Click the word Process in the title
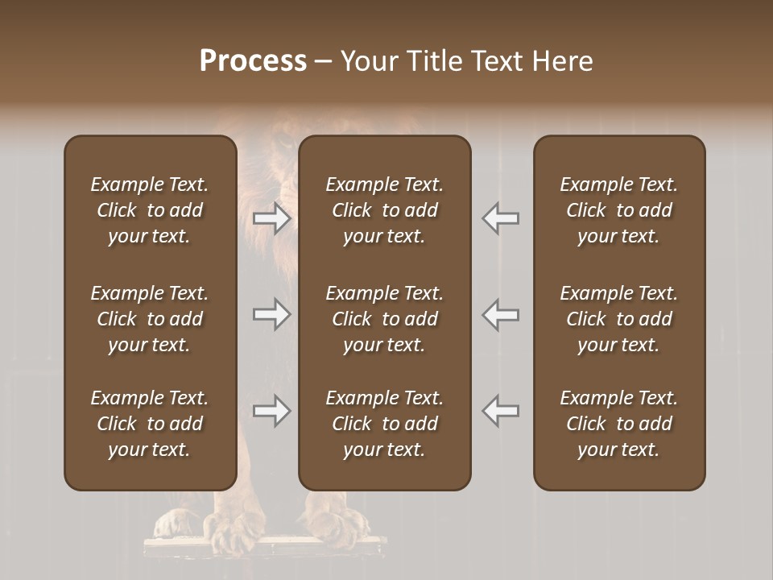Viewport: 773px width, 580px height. [253, 61]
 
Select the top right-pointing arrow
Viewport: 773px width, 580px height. [271, 218]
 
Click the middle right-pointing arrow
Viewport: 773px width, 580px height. [271, 314]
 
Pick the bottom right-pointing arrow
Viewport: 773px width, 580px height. [271, 411]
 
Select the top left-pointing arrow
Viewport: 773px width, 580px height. [501, 218]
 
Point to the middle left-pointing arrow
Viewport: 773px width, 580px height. [501, 314]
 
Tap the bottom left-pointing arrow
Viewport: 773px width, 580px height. [501, 411]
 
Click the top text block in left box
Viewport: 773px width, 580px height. [150, 210]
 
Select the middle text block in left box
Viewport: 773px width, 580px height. [150, 319]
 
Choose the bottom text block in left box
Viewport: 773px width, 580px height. [150, 424]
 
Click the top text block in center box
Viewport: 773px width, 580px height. [384, 210]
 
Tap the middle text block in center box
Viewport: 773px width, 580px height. [384, 319]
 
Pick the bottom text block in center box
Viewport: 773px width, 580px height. [384, 424]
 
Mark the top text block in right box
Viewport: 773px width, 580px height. [619, 210]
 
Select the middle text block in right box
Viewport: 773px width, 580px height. [619, 319]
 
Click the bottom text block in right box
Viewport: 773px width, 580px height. [619, 424]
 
